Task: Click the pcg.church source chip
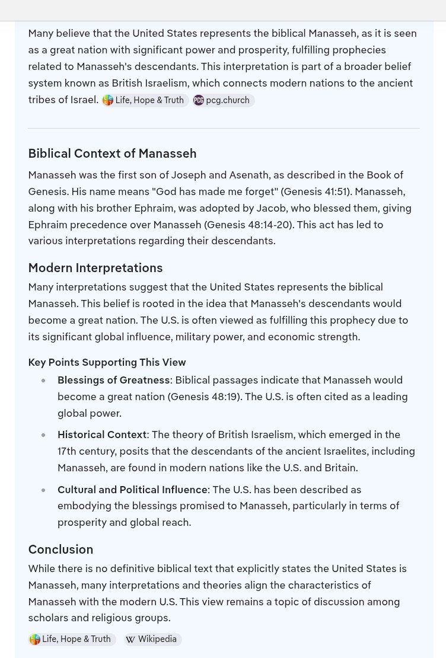(224, 100)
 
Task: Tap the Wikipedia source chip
(152, 639)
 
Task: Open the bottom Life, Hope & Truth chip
(71, 639)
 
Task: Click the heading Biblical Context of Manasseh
(112, 154)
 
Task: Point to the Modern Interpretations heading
(95, 268)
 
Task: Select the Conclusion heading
(60, 550)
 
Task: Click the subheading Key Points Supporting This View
(107, 362)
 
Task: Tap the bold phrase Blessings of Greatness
(113, 380)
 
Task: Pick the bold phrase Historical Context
(101, 435)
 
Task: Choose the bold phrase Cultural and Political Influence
(132, 490)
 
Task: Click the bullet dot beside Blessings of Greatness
(43, 381)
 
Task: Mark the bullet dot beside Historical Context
(43, 435)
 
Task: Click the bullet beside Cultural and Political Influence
(43, 490)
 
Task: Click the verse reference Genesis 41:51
(316, 191)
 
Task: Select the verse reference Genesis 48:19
(204, 397)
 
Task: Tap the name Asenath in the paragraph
(249, 175)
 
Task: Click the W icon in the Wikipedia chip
(130, 640)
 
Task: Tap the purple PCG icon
(199, 100)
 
